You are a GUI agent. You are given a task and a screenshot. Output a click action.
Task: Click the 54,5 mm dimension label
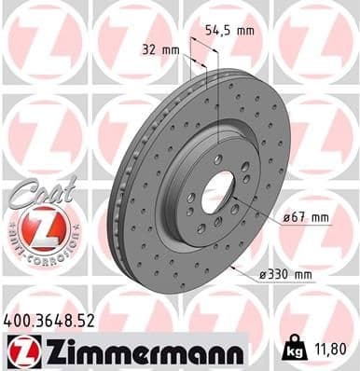(231, 31)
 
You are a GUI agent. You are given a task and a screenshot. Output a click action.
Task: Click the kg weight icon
(293, 352)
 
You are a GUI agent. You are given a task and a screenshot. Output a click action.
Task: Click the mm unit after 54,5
(244, 31)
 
